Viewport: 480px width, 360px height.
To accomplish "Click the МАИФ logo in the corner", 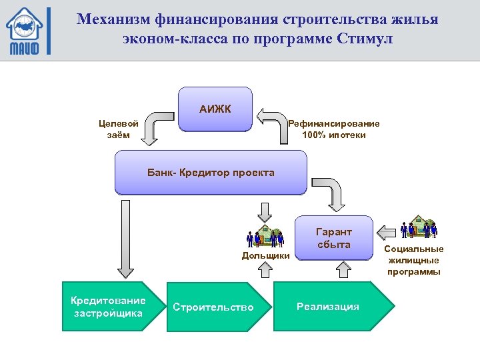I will point(25,31).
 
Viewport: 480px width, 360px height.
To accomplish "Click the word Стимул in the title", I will point(367,39).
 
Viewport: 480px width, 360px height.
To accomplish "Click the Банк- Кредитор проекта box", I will point(211,173).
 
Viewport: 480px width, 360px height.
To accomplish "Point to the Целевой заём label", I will point(119,129).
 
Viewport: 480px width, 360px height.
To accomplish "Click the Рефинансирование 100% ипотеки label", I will point(333,129).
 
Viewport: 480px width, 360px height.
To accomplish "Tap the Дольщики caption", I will point(265,255).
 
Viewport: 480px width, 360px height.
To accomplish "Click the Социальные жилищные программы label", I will point(413,261).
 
